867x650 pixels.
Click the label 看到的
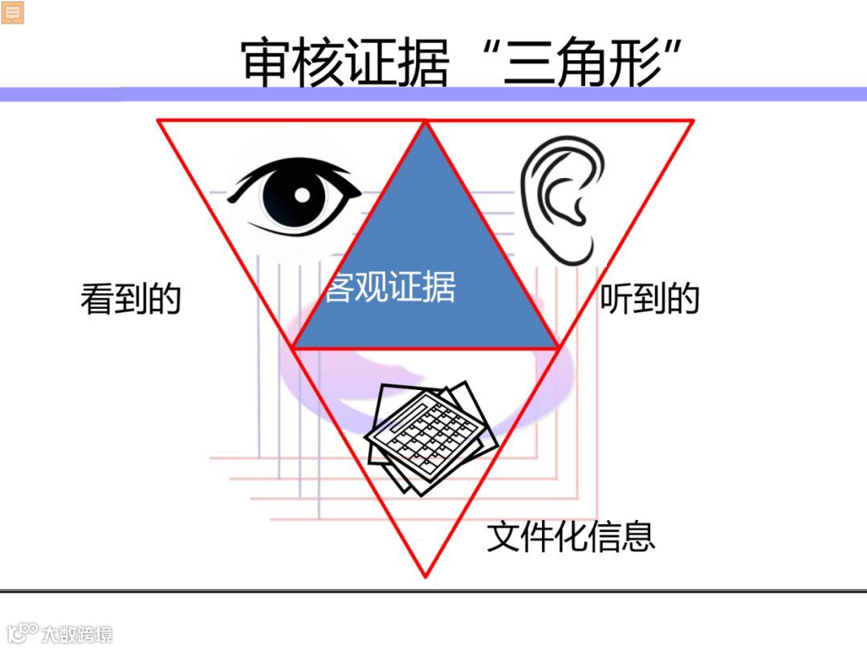pyautogui.click(x=130, y=299)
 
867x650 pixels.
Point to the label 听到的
pyautogui.click(x=649, y=299)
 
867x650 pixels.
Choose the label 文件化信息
pyautogui.click(x=571, y=536)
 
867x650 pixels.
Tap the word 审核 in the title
pyautogui.click(x=293, y=63)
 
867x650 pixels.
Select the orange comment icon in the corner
pyautogui.click(x=13, y=12)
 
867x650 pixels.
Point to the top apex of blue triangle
pyautogui.click(x=425, y=122)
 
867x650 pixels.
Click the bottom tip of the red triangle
pyautogui.click(x=425, y=575)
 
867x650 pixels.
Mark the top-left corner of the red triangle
pyautogui.click(x=157, y=120)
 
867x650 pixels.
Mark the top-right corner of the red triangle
pyautogui.click(x=694, y=120)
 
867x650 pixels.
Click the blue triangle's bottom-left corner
pyautogui.click(x=292, y=348)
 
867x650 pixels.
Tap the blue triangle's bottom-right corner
pyautogui.click(x=559, y=348)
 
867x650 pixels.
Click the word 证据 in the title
pyautogui.click(x=397, y=63)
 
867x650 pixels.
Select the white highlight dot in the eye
pyautogui.click(x=302, y=193)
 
